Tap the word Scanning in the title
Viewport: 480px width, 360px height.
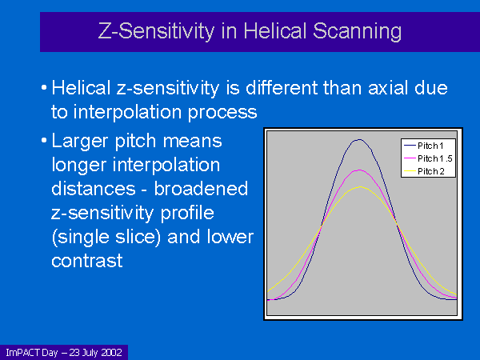point(357,32)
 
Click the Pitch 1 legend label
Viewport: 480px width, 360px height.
point(430,146)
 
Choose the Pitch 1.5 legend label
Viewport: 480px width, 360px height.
point(435,158)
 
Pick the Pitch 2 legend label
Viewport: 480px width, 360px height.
point(431,171)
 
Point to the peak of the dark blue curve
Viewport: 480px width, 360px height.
point(359,139)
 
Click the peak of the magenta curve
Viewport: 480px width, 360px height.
point(359,170)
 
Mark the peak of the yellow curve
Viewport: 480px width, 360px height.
point(360,186)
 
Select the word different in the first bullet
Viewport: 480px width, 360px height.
point(282,88)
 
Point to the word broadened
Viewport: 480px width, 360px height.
point(201,189)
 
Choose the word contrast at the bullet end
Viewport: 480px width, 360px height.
point(87,261)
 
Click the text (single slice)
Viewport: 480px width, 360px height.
point(106,238)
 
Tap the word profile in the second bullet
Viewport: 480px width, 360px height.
point(187,214)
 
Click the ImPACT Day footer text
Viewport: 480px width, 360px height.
point(32,353)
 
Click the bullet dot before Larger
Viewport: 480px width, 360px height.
point(44,141)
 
